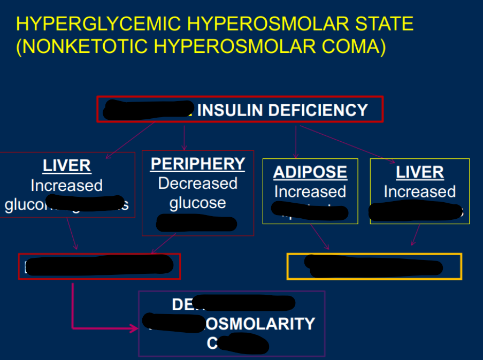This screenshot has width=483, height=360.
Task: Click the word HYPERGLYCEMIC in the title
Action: click(97, 24)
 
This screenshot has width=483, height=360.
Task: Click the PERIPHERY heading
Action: click(198, 164)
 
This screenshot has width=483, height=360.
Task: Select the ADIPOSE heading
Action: click(310, 172)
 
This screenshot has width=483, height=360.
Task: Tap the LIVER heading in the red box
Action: click(67, 166)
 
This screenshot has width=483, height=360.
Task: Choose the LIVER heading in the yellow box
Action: click(420, 172)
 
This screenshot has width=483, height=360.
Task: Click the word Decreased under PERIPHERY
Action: click(198, 183)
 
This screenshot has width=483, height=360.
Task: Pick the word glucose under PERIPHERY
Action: click(198, 203)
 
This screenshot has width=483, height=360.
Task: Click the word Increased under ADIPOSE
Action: click(310, 192)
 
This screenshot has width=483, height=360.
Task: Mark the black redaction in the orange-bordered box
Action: click(373, 266)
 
